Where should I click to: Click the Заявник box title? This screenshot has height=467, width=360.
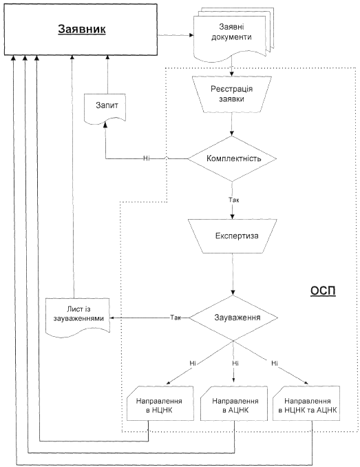click(82, 29)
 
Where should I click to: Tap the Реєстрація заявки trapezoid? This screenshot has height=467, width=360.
click(232, 94)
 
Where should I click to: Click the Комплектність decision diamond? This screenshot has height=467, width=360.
click(232, 158)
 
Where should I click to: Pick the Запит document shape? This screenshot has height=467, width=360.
click(105, 108)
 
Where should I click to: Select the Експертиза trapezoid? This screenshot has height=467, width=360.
click(233, 236)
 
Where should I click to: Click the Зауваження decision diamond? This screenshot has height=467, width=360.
click(233, 318)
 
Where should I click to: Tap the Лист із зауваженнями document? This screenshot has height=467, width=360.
click(78, 317)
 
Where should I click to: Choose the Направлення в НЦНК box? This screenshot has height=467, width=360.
click(160, 404)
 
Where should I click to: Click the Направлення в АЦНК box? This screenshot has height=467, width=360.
click(234, 404)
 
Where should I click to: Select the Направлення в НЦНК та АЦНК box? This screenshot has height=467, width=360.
click(306, 404)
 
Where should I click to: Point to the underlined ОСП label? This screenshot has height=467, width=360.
click(323, 291)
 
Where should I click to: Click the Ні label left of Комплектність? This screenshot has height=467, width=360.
click(146, 158)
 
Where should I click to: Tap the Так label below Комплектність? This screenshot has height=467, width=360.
click(234, 200)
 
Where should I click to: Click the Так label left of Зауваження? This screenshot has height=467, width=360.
click(176, 318)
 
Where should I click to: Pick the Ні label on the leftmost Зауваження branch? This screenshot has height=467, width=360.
click(193, 364)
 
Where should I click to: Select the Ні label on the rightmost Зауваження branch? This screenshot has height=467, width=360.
click(275, 364)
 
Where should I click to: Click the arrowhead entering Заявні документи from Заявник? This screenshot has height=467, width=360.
click(191, 35)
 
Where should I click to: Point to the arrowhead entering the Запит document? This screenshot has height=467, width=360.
click(105, 125)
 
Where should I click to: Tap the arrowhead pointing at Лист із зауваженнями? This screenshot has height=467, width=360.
click(112, 318)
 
